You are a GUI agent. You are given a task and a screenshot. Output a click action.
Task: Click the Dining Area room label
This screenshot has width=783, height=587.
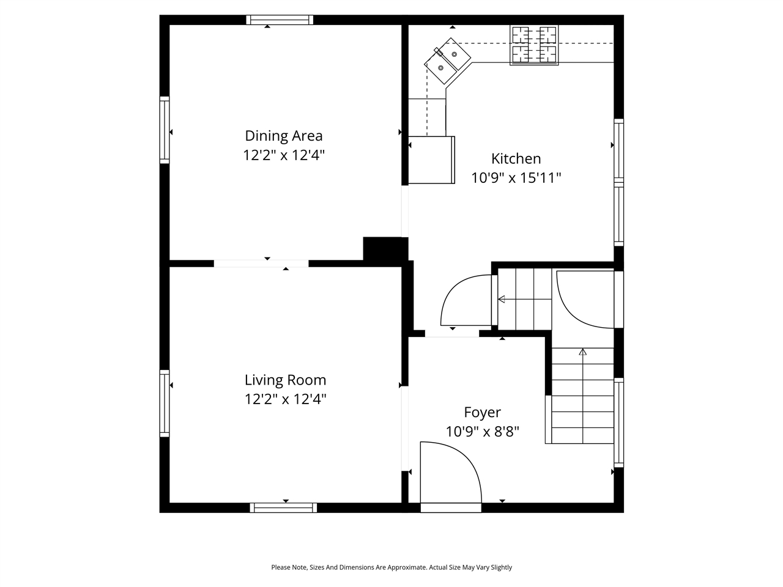[x=283, y=136]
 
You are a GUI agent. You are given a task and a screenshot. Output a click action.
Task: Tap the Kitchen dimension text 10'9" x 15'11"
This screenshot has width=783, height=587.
[x=516, y=178]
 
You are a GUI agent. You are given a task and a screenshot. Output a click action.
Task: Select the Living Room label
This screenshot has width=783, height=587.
[x=285, y=380]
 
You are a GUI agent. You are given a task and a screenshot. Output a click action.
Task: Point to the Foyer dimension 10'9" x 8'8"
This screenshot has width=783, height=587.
[x=482, y=432]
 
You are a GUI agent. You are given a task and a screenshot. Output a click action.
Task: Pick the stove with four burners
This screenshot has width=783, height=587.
[x=535, y=45]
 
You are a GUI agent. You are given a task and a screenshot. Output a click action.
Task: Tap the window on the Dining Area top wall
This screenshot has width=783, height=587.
[x=280, y=20]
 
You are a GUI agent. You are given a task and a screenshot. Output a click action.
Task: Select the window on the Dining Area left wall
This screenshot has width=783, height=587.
[x=164, y=129]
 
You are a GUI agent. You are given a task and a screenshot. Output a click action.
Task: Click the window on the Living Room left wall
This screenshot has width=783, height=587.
[x=164, y=403]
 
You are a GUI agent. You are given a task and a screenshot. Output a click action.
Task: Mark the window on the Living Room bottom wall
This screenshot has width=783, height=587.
[x=283, y=508]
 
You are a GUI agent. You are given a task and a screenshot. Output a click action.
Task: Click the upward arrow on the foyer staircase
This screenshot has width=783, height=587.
[x=582, y=353]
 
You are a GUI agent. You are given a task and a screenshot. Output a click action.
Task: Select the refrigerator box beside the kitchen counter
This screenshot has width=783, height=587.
[x=432, y=160]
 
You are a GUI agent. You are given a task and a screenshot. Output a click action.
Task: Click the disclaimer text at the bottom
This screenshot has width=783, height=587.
[x=391, y=567]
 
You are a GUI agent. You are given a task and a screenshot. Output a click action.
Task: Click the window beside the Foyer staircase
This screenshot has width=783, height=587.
[x=618, y=422]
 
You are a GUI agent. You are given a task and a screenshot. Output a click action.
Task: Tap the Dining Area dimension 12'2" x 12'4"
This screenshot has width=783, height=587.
[x=283, y=155]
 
